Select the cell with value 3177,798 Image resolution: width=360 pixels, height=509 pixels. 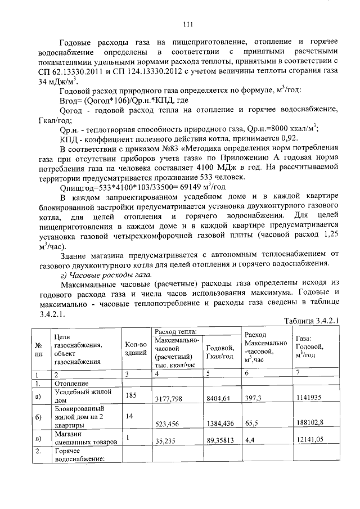coord(172,399)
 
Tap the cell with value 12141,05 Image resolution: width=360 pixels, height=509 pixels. coord(310,442)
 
